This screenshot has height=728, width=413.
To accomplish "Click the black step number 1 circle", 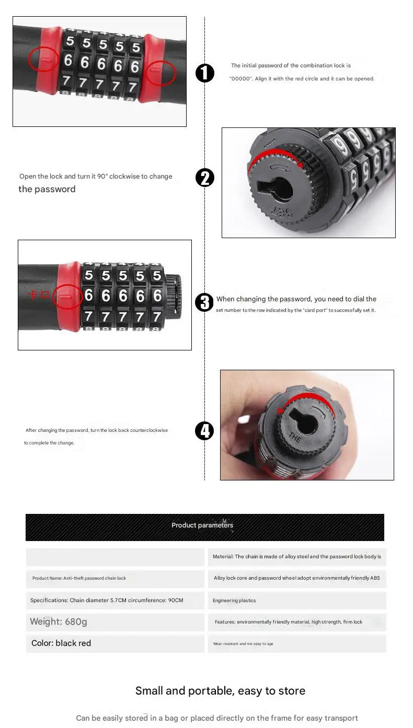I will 205,73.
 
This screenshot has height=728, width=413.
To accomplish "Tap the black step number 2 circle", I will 205,178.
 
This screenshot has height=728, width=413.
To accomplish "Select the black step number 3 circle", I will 204,302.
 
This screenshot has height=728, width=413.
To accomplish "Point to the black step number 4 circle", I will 204,431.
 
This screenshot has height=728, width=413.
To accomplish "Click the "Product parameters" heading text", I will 202,525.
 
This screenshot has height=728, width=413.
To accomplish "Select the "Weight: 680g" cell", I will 115,622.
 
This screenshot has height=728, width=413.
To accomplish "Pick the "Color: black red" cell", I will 115,643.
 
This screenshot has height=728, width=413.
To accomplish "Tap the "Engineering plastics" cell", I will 297,601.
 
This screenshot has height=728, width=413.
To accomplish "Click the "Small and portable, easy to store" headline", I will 220,691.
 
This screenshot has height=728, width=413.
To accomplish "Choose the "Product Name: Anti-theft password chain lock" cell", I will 115,579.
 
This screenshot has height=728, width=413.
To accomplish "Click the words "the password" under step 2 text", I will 47,189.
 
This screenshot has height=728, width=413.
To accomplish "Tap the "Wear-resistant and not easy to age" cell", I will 297,644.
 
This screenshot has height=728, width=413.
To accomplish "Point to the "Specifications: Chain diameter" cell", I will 115,601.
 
